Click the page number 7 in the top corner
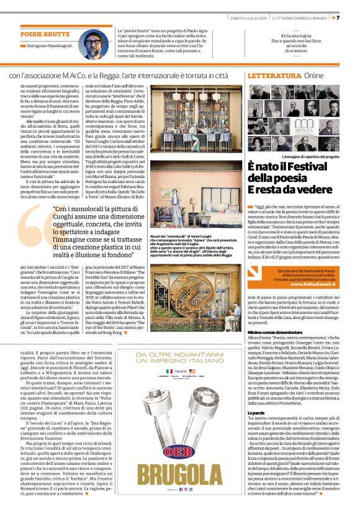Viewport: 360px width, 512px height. click(354, 16)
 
